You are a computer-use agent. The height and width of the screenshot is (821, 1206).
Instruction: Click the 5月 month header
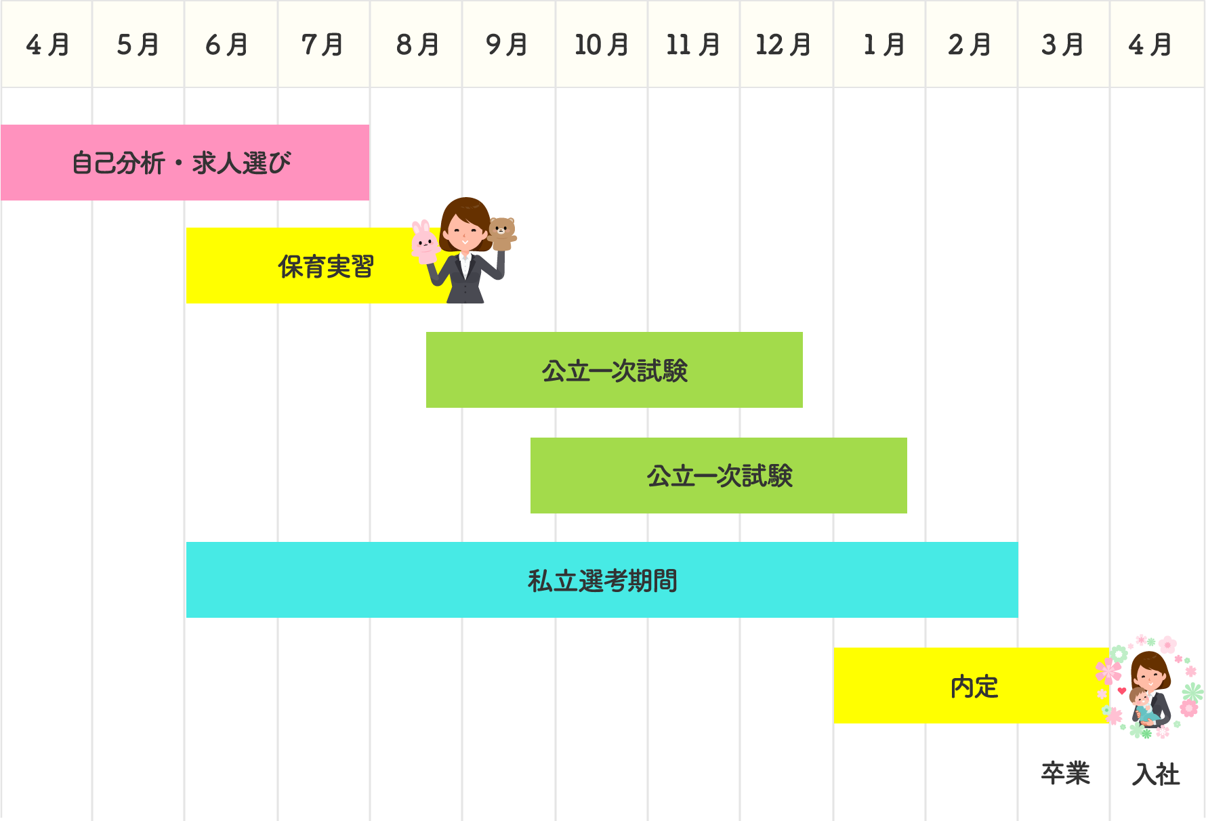(138, 45)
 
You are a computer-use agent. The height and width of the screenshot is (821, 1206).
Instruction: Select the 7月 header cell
(323, 45)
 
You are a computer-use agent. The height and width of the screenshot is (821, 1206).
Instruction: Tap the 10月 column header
(601, 45)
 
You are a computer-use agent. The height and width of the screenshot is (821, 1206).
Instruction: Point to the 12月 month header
(785, 45)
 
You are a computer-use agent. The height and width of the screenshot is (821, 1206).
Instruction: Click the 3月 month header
(1063, 45)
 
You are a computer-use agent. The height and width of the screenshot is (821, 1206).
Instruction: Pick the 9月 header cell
(507, 45)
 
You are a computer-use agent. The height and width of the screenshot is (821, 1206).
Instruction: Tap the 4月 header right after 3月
(1156, 45)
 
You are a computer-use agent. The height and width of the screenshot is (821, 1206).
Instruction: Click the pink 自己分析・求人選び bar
(184, 163)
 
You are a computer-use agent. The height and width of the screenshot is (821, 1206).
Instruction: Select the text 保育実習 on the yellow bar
(326, 266)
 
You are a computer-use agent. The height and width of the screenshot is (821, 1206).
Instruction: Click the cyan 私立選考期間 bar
(602, 580)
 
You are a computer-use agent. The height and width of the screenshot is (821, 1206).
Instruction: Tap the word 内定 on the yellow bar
(974, 686)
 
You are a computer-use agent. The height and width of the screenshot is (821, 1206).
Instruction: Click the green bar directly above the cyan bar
(726, 476)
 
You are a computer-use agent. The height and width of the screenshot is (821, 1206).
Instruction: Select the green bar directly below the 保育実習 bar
(628, 370)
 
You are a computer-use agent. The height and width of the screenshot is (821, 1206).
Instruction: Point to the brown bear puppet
(501, 229)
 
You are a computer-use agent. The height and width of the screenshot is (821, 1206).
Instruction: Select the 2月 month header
(970, 45)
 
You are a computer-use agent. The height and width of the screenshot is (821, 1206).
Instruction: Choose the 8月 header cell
(416, 45)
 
